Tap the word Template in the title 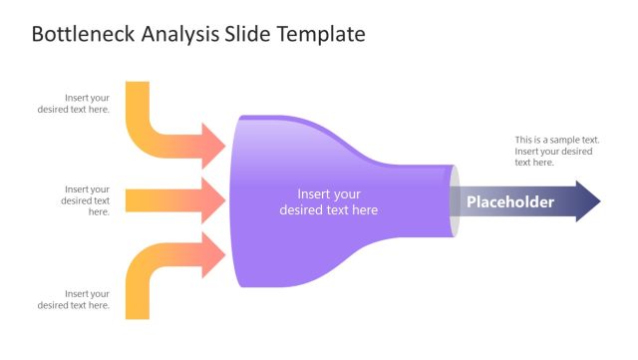[323, 35]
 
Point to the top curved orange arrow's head [213, 145]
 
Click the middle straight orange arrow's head [213, 200]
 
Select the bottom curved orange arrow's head [213, 255]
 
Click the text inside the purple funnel [329, 201]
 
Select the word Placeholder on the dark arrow [510, 202]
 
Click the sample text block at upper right [556, 151]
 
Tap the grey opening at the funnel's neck [455, 201]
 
